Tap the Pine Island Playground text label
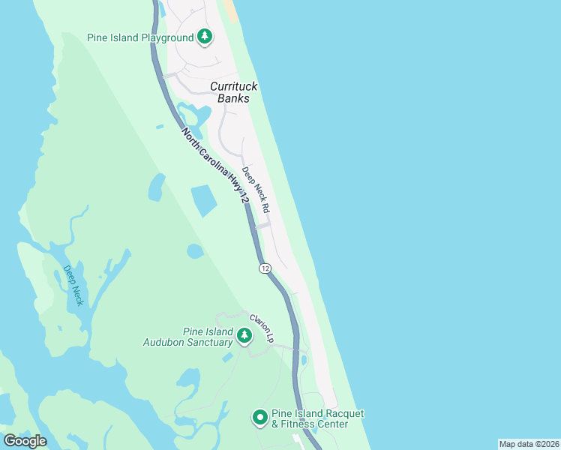(x=139, y=37)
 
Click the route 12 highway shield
(x=265, y=268)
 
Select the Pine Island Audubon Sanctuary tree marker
(x=244, y=336)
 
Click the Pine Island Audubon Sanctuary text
(x=187, y=337)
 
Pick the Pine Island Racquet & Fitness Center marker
(x=260, y=418)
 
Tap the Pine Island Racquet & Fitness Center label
(x=310, y=418)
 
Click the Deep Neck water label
(x=73, y=285)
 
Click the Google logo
(x=25, y=441)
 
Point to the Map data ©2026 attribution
(x=528, y=444)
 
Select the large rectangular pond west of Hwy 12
(x=204, y=200)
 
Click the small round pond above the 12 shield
(x=195, y=251)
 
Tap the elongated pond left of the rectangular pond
(x=157, y=187)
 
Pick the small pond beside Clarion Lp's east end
(x=303, y=361)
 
